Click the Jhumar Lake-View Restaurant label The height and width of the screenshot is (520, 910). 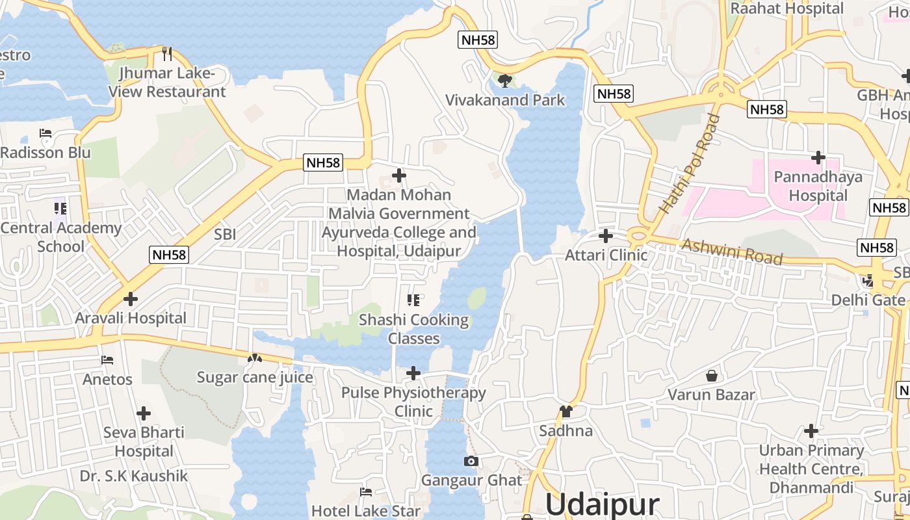click(x=167, y=83)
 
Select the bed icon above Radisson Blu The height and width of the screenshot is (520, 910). click(x=45, y=133)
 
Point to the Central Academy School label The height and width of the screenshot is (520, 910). click(x=61, y=237)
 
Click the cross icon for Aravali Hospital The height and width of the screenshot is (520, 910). click(x=131, y=299)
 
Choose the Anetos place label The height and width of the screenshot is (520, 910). click(x=107, y=379)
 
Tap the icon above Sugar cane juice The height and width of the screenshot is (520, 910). click(x=255, y=357)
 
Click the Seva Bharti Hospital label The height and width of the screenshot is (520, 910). click(x=144, y=441)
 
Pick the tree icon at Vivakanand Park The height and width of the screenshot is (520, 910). click(x=504, y=81)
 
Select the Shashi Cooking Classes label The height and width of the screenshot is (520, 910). click(x=414, y=329)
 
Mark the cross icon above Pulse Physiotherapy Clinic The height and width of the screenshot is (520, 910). click(x=413, y=373)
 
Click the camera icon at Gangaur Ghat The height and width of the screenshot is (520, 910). click(x=471, y=461)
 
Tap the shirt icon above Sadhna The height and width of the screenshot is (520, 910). click(x=565, y=411)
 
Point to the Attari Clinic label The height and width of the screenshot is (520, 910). click(x=606, y=255)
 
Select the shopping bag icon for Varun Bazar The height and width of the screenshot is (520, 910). click(x=712, y=376)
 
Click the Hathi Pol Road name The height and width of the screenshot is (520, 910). click(x=690, y=164)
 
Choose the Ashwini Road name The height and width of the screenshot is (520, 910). click(x=731, y=252)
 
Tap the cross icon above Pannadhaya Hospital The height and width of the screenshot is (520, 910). click(x=818, y=157)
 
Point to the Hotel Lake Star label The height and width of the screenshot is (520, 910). click(x=366, y=511)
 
